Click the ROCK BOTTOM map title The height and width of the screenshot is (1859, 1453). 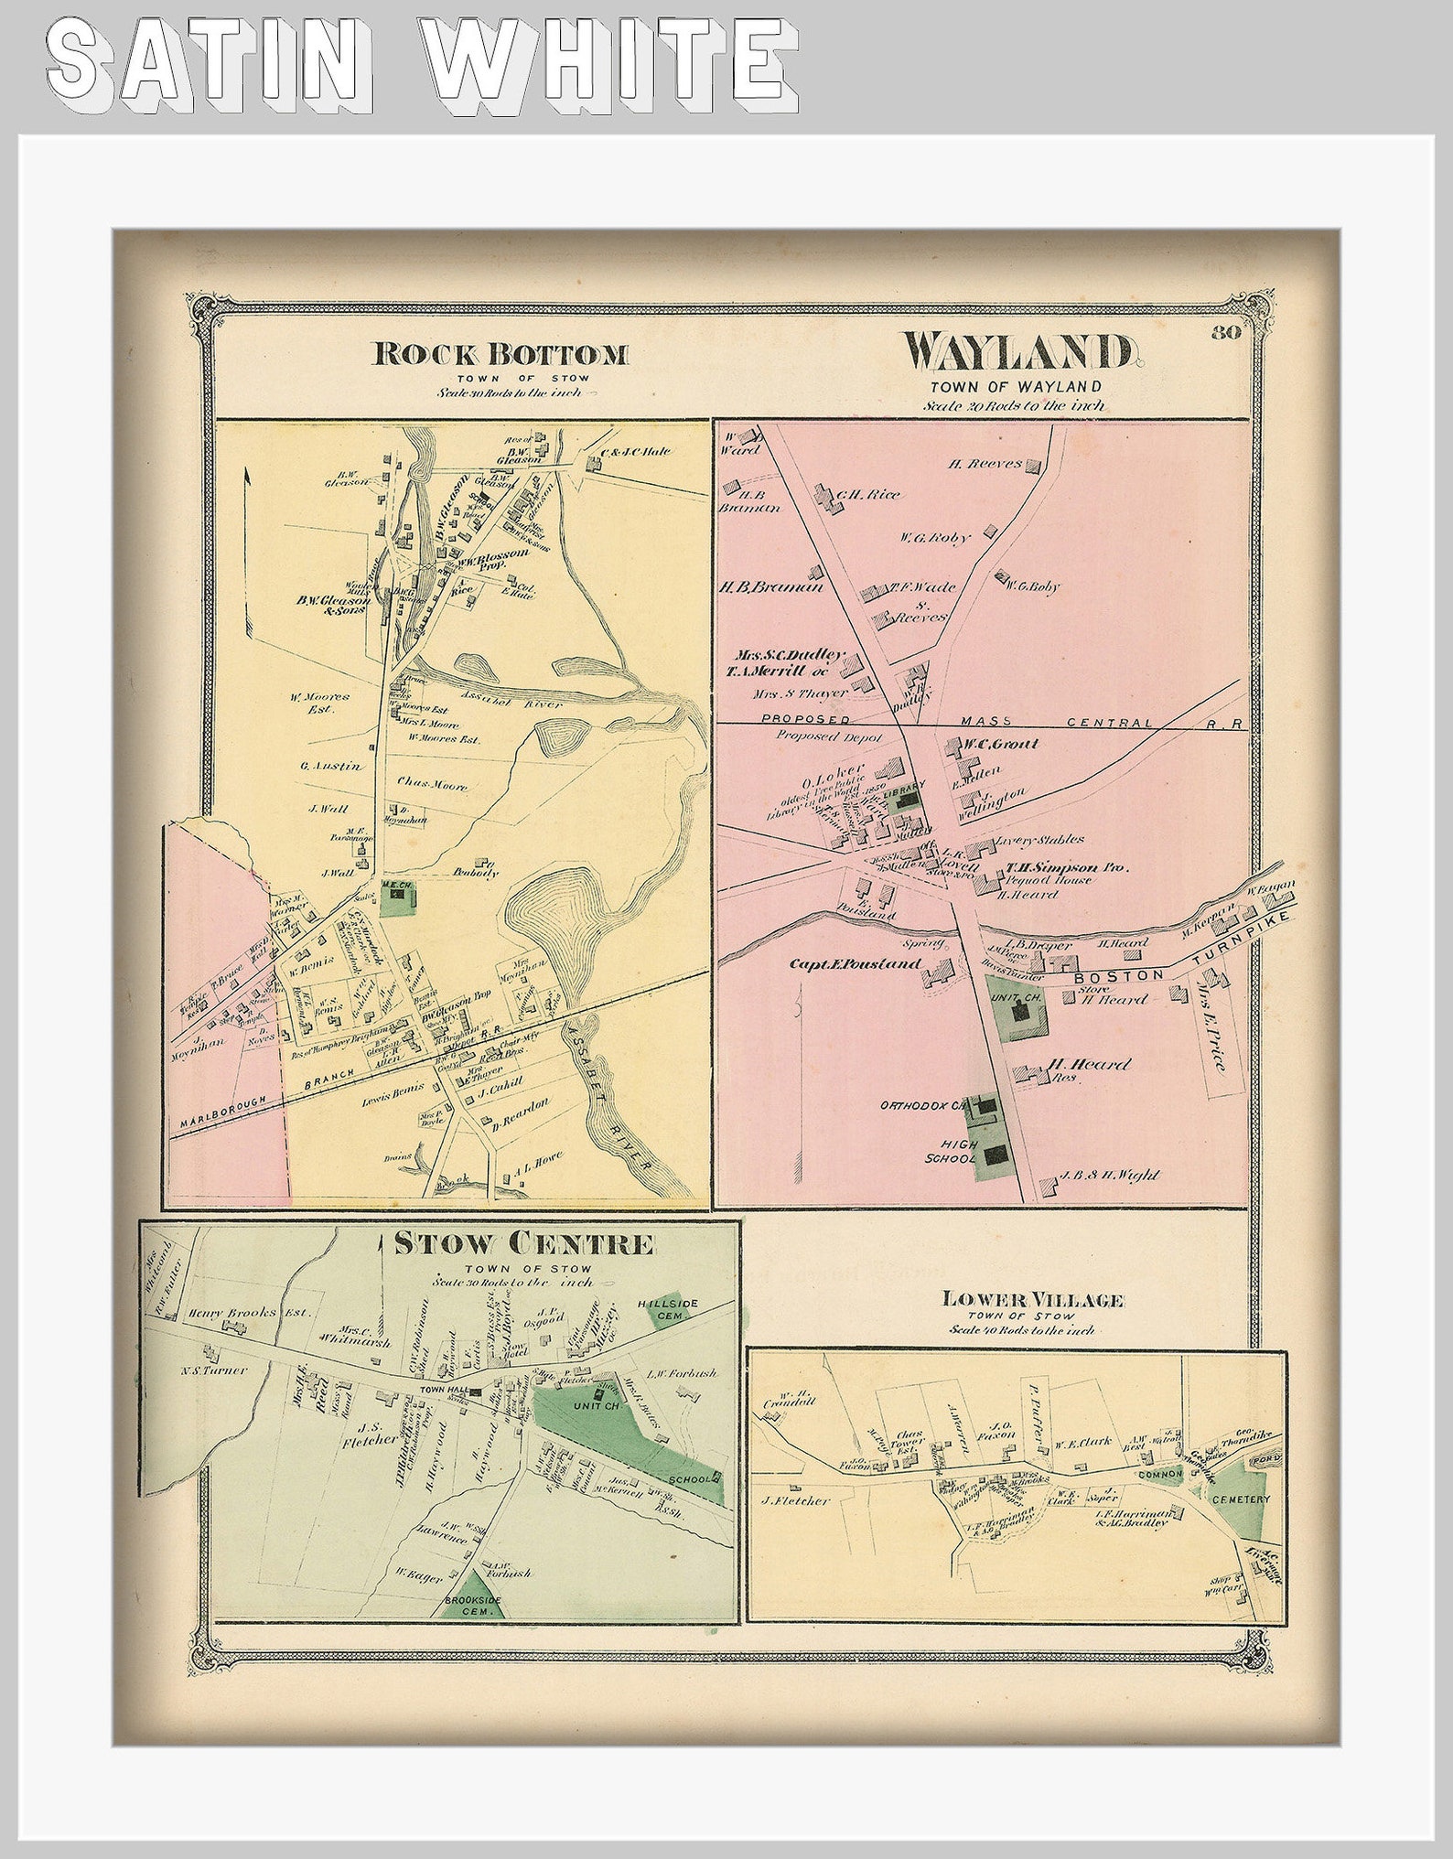pyautogui.click(x=500, y=354)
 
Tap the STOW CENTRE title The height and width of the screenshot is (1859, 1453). pyautogui.click(x=524, y=1243)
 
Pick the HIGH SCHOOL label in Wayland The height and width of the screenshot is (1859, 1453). pyautogui.click(x=959, y=1151)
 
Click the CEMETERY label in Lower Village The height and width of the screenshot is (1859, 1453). pyautogui.click(x=1241, y=1499)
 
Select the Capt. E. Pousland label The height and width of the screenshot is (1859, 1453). pyautogui.click(x=854, y=964)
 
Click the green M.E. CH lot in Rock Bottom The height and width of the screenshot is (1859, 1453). pyautogui.click(x=395, y=899)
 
